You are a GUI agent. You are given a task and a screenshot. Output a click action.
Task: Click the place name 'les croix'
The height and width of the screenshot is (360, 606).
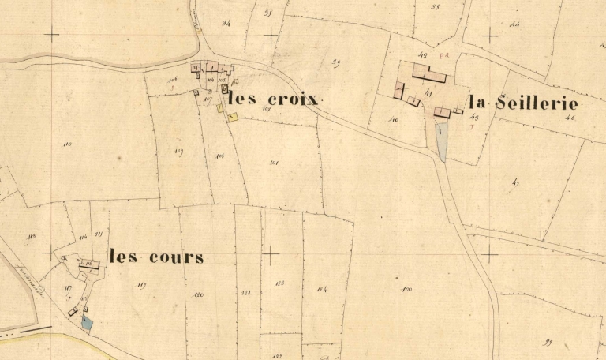272,100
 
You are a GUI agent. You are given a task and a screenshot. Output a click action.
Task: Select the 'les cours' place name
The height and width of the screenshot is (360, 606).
156,257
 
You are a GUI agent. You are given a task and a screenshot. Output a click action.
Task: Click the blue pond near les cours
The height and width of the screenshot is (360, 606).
87,322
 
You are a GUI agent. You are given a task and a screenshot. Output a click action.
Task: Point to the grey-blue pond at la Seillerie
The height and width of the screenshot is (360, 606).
442,142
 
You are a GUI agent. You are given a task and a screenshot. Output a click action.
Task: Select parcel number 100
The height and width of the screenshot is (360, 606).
407,289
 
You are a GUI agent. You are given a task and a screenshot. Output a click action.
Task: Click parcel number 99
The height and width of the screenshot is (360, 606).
547,341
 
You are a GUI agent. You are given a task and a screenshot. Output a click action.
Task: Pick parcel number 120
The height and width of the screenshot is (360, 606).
199,294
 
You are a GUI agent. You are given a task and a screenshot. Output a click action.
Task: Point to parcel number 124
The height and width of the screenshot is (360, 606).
322,288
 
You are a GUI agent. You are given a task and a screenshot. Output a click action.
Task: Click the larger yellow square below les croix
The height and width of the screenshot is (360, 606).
232,118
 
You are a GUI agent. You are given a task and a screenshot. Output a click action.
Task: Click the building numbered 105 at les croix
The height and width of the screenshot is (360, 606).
223,79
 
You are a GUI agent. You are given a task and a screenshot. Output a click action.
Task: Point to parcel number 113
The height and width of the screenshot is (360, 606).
32,237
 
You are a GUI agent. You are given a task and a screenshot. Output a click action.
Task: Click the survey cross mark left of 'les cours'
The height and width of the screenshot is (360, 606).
52,254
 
